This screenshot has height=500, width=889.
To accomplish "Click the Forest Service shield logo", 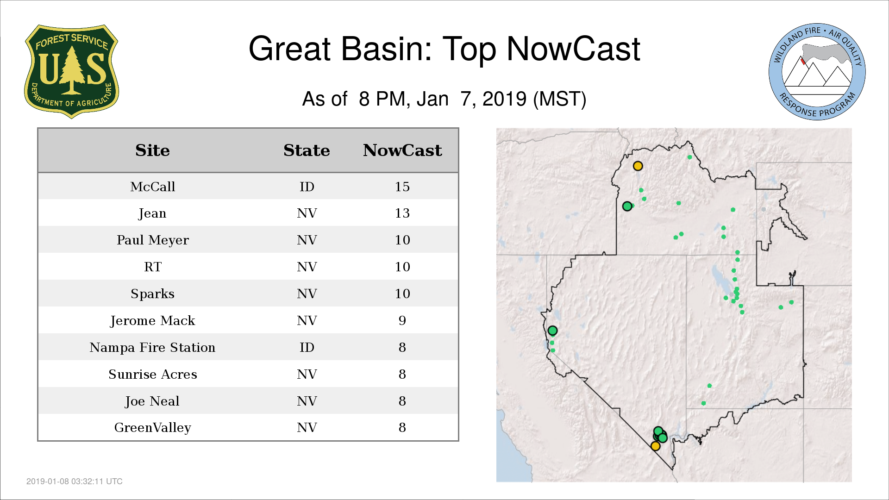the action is pos(71,71).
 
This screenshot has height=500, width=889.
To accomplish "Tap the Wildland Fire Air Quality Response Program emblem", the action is pos(817,72).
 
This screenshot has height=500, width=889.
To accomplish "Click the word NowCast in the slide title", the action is pos(573,49).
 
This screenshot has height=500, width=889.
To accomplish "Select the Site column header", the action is pos(152,150).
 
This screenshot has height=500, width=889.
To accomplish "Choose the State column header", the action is pos(307,150).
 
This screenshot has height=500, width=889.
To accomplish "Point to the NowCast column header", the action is pos(402,150).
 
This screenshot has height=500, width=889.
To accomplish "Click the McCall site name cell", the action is pos(152,187).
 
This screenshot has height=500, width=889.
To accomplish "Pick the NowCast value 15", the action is pos(402,187).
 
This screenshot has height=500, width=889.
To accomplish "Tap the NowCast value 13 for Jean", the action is pos(402,213).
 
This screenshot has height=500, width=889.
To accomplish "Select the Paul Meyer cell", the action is pos(152,240).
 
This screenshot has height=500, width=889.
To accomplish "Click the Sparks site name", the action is pos(152,294).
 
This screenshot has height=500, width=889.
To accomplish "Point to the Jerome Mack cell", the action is pos(152,321).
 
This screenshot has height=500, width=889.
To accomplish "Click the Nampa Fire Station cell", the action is pos(152,348).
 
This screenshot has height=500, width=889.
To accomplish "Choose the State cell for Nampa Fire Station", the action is pos(307,348).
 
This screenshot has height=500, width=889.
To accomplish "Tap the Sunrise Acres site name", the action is pos(152,375).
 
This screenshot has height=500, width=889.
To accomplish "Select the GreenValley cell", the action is pos(152,428).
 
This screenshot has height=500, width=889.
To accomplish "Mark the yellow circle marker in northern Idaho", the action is pos(638,166).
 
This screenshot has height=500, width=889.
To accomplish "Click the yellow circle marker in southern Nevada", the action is pos(655,446).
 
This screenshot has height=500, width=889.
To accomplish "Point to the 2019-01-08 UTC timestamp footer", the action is pos(75,481).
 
